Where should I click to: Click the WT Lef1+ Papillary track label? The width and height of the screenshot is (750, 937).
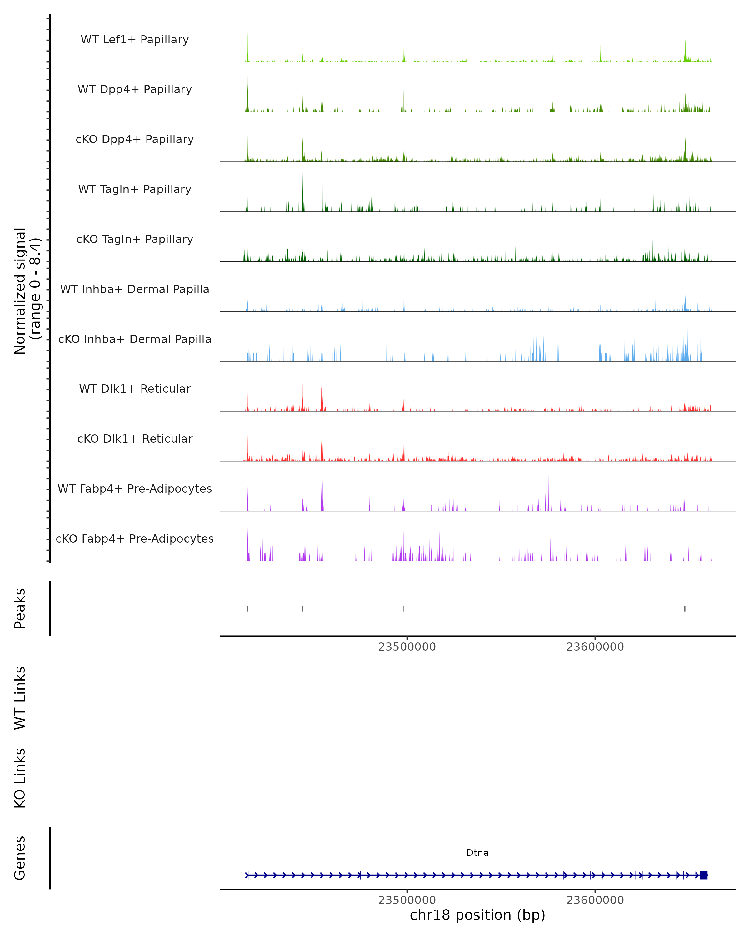coord(135,40)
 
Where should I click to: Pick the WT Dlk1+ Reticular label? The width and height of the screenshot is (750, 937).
coord(135,389)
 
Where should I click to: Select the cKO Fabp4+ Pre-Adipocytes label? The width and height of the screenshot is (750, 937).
coord(135,538)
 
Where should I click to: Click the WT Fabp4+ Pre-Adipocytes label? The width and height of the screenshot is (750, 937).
coord(135,488)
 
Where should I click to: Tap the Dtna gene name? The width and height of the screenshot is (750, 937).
coord(477,853)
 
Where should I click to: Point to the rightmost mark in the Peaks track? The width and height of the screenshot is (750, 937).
coord(685,608)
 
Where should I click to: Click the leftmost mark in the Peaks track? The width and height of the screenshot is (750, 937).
coord(248,608)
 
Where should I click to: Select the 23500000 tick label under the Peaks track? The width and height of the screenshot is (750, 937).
coord(407,647)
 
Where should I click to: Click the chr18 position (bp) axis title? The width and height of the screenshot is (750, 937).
coord(477,915)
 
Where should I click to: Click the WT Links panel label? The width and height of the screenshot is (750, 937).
coord(20,698)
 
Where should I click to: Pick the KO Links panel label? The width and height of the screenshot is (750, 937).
coord(20,778)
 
